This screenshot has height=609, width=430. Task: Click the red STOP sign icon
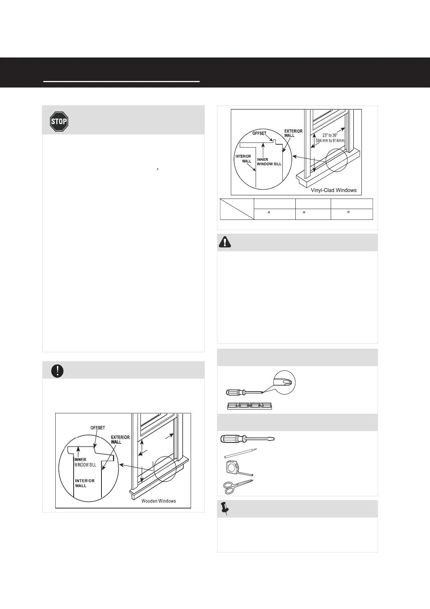59,122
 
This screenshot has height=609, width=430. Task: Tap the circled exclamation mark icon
57,371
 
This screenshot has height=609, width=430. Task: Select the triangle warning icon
225,242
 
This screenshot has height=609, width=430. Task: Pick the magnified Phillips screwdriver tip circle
285,382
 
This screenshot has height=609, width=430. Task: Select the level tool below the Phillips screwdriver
250,406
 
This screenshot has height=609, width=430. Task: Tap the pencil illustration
240,453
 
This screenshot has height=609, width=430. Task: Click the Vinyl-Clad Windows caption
334,190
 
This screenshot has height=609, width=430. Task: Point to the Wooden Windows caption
158,501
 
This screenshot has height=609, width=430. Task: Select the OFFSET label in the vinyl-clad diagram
259,133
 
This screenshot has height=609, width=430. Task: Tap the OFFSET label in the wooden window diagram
97,428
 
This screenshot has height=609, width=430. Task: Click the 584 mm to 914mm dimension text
330,141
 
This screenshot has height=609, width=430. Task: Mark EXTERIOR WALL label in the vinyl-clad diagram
293,133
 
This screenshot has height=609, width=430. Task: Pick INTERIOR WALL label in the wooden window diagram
84,483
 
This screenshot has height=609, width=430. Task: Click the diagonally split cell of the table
237,209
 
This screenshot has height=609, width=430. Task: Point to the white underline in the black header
121,82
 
